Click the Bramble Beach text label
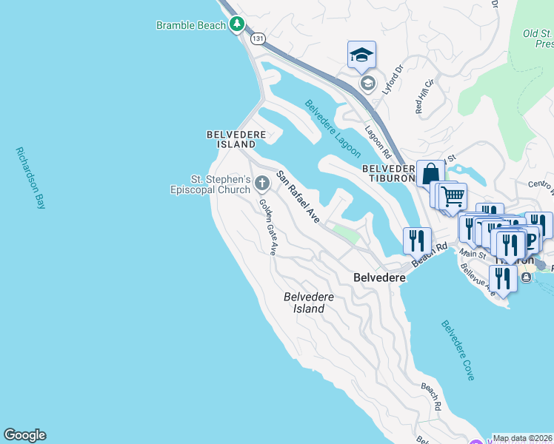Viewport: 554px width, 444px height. (x=190, y=25)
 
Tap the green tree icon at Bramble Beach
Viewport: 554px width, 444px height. (x=237, y=24)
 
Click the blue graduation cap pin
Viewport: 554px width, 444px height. (x=361, y=55)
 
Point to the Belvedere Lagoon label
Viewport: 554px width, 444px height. (x=333, y=129)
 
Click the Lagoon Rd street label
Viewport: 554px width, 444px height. (x=378, y=141)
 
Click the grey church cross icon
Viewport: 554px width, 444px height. (x=261, y=183)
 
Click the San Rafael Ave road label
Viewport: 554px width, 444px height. (x=298, y=197)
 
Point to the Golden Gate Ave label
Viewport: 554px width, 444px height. (x=267, y=227)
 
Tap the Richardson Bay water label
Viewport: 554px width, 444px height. (x=30, y=178)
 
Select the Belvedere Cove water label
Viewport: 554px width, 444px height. (x=458, y=350)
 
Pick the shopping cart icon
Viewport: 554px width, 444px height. (x=453, y=197)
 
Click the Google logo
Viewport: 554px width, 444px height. (x=24, y=435)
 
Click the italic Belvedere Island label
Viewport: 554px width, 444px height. (x=309, y=303)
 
